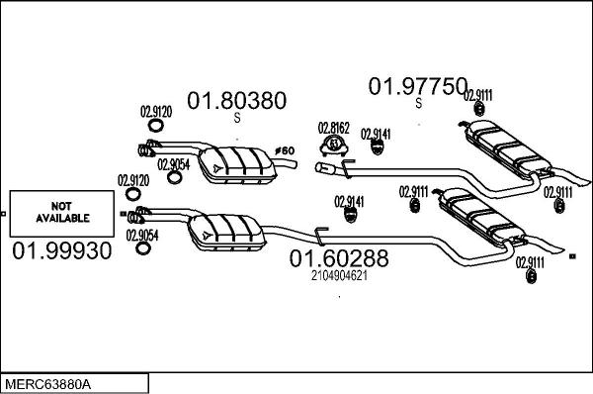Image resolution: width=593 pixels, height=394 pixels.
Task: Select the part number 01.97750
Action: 416,87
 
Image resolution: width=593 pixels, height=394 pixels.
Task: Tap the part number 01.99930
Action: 61,251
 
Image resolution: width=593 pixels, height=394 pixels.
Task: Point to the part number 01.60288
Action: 338,258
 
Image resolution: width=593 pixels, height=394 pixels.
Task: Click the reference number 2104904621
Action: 339,276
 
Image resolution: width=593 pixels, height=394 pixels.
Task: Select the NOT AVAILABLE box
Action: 62,210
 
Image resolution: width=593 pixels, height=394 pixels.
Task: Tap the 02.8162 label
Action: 333,128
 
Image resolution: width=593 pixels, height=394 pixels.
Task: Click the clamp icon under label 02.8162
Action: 335,148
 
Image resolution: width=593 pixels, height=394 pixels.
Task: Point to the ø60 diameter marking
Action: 285,150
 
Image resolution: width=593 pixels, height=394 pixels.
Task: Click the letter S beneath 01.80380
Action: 237,118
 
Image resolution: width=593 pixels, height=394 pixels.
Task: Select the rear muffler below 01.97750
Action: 505,147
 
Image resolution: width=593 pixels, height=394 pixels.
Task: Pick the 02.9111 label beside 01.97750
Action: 478,95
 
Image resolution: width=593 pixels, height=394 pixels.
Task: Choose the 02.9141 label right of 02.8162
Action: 376,134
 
